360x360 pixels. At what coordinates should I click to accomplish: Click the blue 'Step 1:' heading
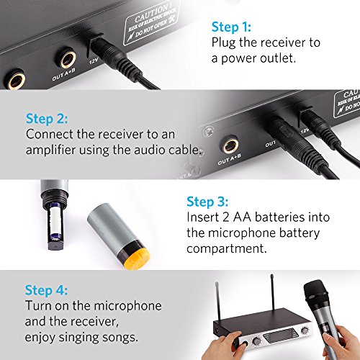(231, 27)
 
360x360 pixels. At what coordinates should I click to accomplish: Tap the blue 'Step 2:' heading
(47, 119)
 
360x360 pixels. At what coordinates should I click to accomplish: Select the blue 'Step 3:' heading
(207, 202)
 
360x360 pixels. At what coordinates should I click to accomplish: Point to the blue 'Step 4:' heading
(46, 290)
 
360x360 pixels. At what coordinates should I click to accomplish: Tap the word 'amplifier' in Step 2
(50, 150)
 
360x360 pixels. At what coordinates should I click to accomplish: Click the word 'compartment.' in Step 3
(227, 248)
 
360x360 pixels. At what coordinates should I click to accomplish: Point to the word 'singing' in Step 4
(78, 338)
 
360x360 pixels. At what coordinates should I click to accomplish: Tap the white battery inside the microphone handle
(55, 222)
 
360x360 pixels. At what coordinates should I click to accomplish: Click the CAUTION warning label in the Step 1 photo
(151, 22)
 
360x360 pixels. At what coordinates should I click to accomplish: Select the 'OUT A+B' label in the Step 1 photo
(63, 74)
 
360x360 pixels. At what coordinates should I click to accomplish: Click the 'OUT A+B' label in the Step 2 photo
(229, 160)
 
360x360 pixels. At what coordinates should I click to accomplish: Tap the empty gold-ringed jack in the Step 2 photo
(230, 145)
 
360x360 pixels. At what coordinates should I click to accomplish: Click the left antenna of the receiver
(218, 302)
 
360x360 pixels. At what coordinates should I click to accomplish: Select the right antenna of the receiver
(273, 292)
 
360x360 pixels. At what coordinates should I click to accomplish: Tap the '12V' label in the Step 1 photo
(94, 61)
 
